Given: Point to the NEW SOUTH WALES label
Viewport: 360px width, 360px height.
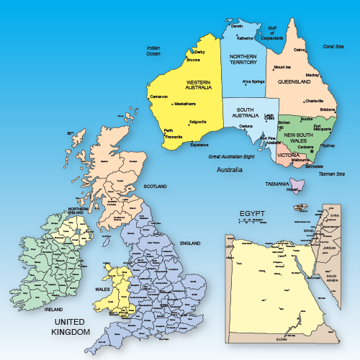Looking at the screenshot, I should click(x=297, y=138).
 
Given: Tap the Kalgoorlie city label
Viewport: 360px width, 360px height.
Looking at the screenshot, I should click(x=197, y=122).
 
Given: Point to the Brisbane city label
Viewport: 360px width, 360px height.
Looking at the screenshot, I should click(x=328, y=109).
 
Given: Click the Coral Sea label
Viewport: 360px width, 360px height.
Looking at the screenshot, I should click(x=333, y=46).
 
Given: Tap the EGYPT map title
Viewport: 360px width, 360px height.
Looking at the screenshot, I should click(x=253, y=213).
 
